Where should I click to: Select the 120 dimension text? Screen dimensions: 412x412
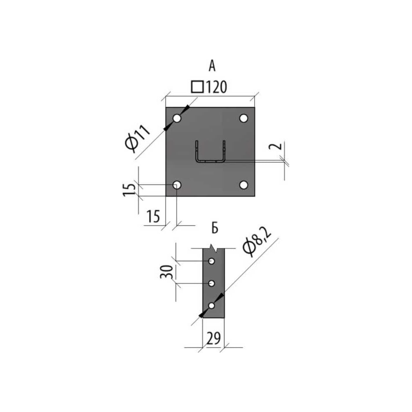tap(216, 87)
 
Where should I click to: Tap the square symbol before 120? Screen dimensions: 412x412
tap(197, 87)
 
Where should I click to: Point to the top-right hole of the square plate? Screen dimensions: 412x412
tap(244, 118)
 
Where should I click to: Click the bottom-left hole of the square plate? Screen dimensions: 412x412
tap(177, 185)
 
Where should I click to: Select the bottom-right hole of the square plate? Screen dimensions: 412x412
tap(244, 185)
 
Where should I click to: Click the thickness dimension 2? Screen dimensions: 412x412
tap(275, 146)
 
